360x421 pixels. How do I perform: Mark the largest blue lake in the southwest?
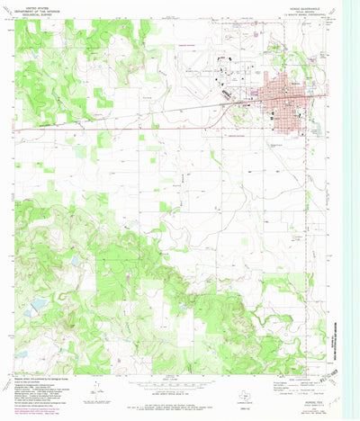pyautogui.click(x=39, y=307)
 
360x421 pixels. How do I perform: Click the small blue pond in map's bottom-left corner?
pyautogui.click(x=20, y=354)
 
